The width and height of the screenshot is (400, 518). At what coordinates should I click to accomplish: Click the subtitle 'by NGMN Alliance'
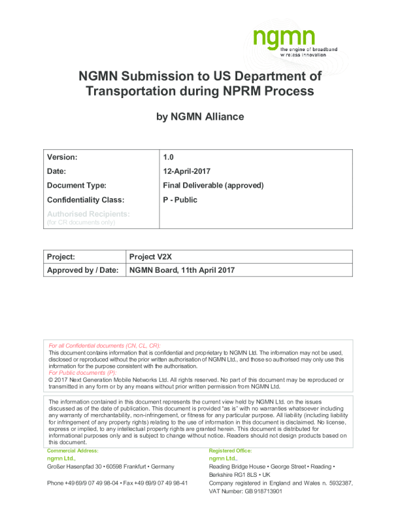[x=200, y=117]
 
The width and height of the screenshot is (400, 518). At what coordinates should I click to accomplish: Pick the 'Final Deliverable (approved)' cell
[x=213, y=186]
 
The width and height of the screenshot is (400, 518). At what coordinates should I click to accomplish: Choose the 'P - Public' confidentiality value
[x=180, y=200]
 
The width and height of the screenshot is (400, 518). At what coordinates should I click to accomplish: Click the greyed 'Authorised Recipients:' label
[x=89, y=214]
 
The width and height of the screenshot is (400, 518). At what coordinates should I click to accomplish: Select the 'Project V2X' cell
[x=154, y=257]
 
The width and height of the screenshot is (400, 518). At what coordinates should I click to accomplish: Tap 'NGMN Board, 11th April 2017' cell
[x=182, y=270]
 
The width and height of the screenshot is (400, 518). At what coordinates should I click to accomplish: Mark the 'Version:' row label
[x=63, y=158]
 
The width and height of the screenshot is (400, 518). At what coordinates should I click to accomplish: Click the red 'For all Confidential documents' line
[x=105, y=345]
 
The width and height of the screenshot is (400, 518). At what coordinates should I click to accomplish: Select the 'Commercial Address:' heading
[x=73, y=451]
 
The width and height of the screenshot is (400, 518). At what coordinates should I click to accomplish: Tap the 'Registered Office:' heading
[x=230, y=451]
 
